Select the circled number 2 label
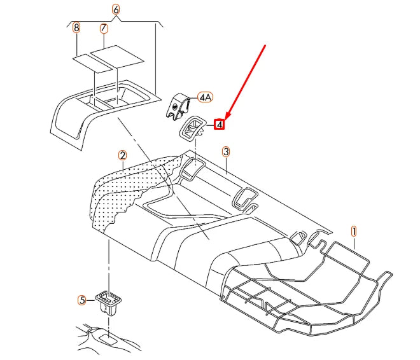[x=122, y=155]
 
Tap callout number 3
[x=226, y=151]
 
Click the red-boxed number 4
[x=220, y=125]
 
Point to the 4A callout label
[x=205, y=97]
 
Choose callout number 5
[x=81, y=299]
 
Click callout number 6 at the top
[x=115, y=9]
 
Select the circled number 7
[x=103, y=28]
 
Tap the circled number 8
[x=76, y=28]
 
